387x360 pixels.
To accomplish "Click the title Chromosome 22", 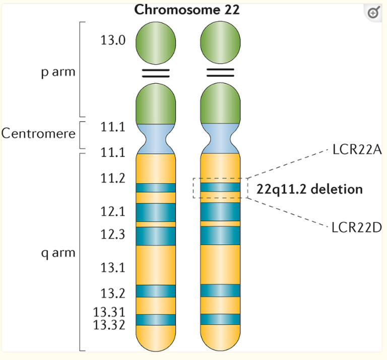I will point(186,10).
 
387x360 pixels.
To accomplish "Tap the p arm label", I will point(58,71).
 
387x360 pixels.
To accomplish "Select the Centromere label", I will point(38,134).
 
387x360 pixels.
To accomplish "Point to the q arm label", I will point(58,253).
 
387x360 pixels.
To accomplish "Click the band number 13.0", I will point(113,40).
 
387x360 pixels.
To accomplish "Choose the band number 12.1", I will point(113,212).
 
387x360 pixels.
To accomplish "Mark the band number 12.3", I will point(113,235).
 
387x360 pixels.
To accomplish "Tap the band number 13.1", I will point(113,267).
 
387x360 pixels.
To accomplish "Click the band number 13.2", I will point(113,292).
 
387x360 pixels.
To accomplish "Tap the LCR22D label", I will point(357,227).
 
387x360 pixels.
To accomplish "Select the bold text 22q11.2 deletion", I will point(309,190).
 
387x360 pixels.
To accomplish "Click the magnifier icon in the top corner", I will point(373,13).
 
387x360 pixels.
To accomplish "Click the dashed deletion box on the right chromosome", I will point(220,188).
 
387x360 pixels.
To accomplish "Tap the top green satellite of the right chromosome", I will point(220,40).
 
